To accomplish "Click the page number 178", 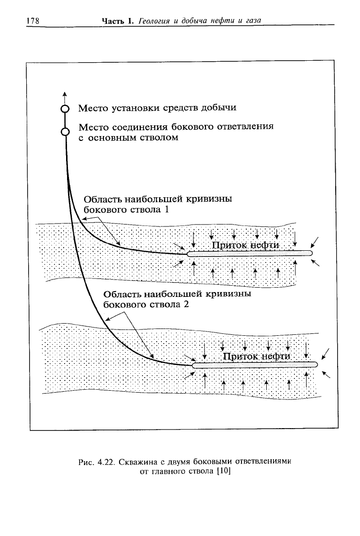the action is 33,21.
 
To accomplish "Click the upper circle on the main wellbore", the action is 65,109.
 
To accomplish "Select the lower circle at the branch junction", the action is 65,132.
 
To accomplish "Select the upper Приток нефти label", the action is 245,245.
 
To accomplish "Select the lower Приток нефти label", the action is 257,357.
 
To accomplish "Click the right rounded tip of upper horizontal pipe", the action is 310,253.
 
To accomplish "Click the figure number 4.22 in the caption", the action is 105,462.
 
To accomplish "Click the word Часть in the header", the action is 113,21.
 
